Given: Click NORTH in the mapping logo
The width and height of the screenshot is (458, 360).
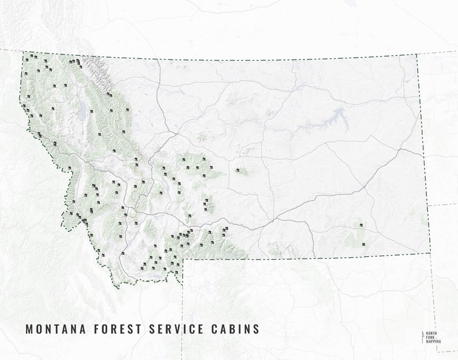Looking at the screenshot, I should point(433,334).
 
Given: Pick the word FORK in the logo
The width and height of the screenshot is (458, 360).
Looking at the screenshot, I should point(431,338).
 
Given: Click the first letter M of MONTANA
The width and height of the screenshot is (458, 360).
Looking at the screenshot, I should point(29,329).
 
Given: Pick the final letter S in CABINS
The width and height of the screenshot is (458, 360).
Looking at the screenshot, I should point(256,329).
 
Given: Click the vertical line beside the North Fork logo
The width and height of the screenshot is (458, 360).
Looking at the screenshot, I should point(423,338).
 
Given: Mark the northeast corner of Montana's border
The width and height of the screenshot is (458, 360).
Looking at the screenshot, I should point(416,55).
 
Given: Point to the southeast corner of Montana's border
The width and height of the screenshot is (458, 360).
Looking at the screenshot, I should point(430,252).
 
